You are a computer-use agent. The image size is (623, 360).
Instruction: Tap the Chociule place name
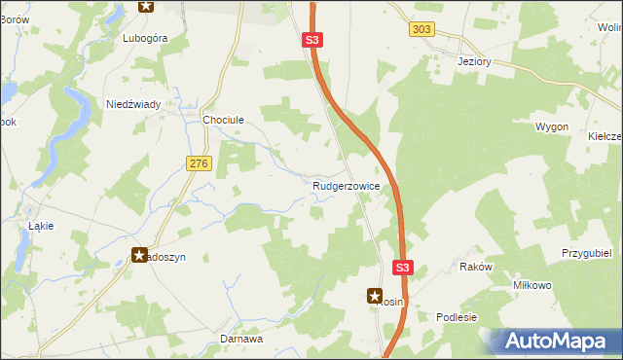click(x=222, y=120)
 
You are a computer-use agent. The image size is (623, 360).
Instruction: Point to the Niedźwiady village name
click(x=133, y=103)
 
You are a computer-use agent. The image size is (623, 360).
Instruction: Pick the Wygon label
click(x=552, y=127)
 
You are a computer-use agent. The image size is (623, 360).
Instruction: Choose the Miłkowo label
click(x=532, y=285)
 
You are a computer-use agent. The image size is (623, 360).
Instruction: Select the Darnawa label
click(x=241, y=340)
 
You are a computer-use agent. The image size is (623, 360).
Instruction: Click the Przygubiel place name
click(x=586, y=252)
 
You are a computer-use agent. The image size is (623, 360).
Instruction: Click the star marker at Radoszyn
click(x=139, y=255)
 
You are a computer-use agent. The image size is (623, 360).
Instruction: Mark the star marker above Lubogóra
click(x=146, y=6)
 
